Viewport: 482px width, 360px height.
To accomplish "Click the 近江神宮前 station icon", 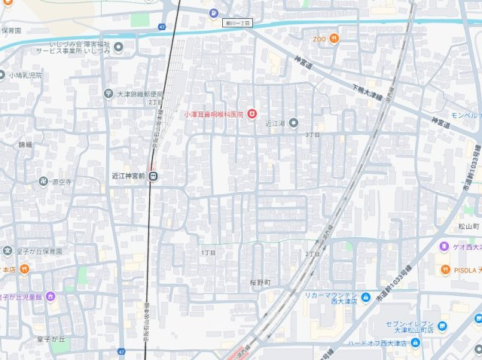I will point(153,177).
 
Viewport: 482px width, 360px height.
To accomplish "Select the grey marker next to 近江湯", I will point(293,123).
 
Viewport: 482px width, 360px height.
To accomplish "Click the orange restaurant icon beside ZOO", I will point(334,38).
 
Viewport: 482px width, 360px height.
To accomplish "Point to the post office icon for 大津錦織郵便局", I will point(109,93).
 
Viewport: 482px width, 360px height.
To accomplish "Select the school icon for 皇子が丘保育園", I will point(8,251).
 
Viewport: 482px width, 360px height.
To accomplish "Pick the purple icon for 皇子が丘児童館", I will point(50,296).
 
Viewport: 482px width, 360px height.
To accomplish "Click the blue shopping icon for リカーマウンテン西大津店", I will point(365,296).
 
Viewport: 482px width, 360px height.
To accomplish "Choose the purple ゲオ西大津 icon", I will point(444,246).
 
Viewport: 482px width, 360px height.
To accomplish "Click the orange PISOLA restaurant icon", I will point(445,269).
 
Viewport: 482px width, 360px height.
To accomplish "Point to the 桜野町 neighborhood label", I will point(261,282).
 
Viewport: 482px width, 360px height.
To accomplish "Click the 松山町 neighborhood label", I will point(468,226).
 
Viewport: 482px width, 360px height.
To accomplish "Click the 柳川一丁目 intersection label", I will point(238,23).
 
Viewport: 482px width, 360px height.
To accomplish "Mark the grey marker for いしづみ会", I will point(118,47).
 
